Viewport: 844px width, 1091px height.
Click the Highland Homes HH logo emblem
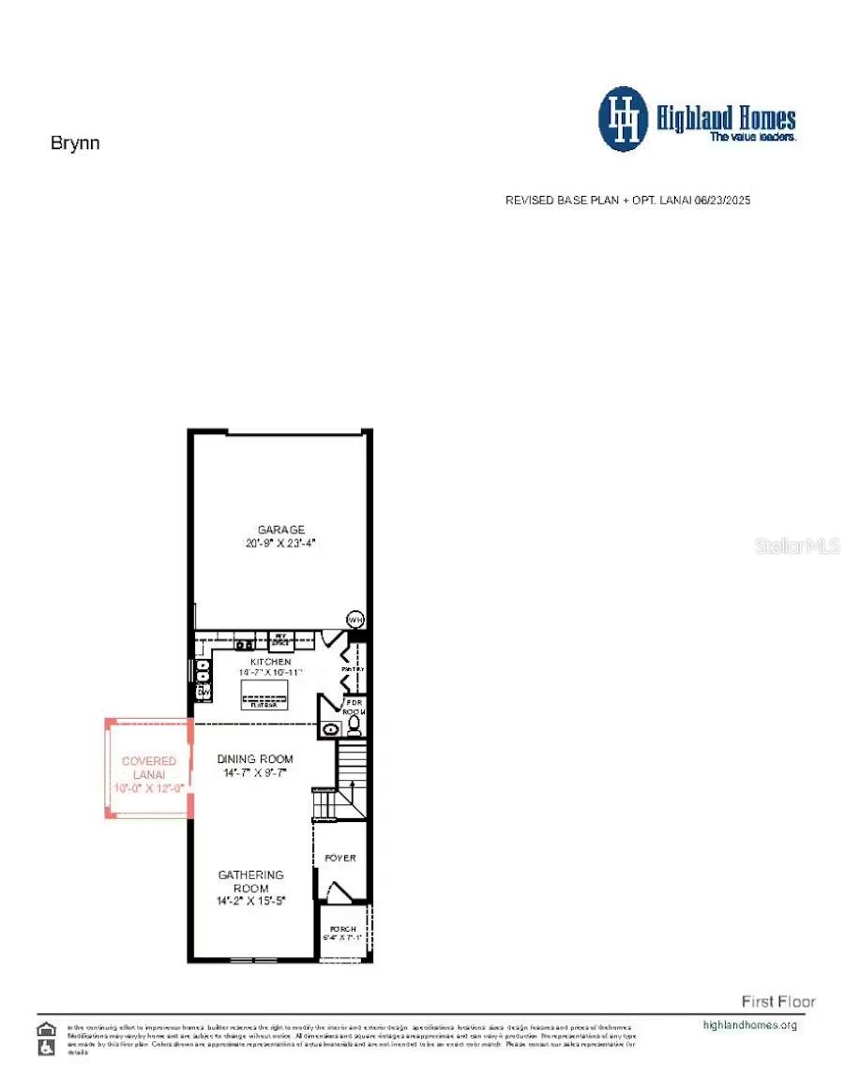[623, 119]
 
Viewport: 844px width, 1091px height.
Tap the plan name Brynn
[75, 143]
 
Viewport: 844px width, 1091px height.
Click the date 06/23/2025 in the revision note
[722, 201]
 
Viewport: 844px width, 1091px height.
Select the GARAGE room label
[281, 530]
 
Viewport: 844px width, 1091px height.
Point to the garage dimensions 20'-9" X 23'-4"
[281, 543]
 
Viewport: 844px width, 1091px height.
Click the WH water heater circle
[355, 620]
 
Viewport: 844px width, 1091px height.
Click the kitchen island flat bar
[264, 694]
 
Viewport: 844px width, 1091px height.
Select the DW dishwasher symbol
[201, 692]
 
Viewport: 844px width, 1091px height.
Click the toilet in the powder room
[353, 728]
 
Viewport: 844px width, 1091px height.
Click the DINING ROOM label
[255, 759]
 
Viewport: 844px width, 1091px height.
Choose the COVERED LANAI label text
[149, 769]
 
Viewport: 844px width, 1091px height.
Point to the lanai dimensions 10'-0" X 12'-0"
[149, 789]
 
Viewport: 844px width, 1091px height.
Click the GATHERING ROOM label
[251, 881]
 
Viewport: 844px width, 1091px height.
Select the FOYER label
[340, 858]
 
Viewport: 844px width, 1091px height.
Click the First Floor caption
[778, 1001]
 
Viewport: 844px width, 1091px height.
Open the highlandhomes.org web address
[750, 1024]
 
